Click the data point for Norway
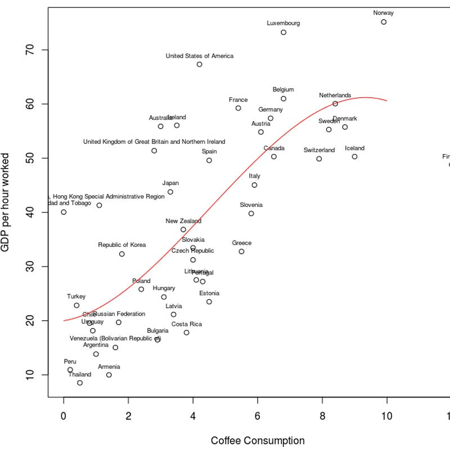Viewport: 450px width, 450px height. pos(384,22)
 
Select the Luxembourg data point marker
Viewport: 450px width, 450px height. pos(283,32)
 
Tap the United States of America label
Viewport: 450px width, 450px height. pos(200,56)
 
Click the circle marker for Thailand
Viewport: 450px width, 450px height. pos(80,382)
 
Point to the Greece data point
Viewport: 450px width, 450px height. pos(241,251)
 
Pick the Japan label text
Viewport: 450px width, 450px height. pos(170,183)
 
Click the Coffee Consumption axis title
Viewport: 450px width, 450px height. pos(258,440)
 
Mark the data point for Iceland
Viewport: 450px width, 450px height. pos(354,156)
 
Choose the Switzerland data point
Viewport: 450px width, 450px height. pos(319,159)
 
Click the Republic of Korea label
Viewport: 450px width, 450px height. pos(122,245)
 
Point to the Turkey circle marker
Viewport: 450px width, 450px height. pos(76,305)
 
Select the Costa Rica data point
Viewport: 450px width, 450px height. pos(187,332)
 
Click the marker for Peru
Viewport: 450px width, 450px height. pos(70,370)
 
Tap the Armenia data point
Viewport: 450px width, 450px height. pos(109,375)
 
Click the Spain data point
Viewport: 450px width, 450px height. pos(209,160)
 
